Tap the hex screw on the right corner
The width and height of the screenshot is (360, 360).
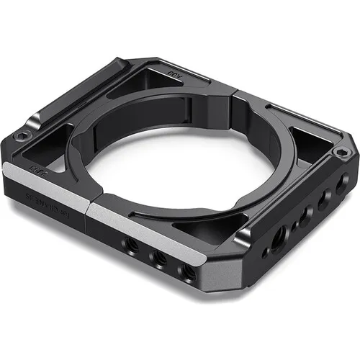coord(339,153)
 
